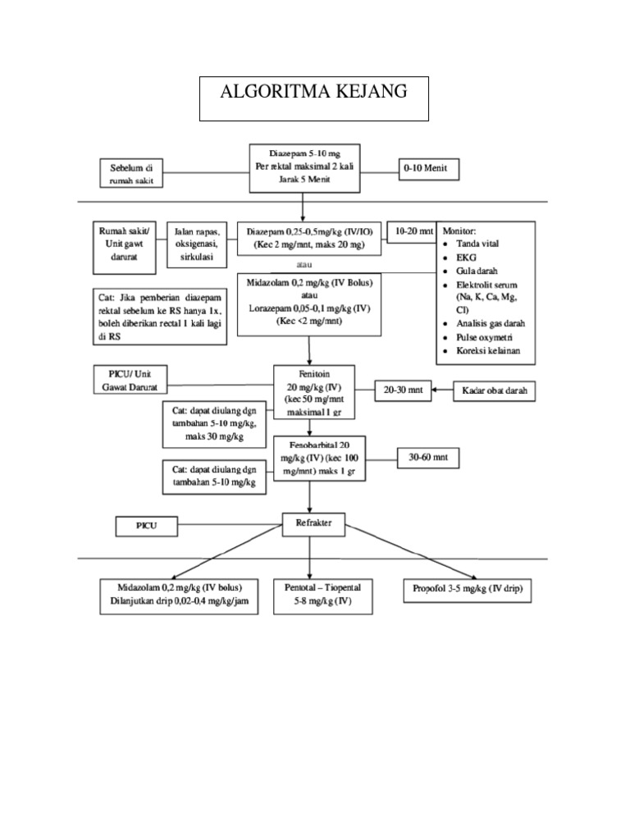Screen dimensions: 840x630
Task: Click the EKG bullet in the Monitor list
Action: click(467, 257)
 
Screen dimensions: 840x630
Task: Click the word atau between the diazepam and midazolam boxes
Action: click(304, 264)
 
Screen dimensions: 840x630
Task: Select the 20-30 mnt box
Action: click(403, 391)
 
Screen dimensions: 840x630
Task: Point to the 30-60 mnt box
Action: click(427, 456)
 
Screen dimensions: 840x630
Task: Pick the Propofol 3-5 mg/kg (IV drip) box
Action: click(468, 590)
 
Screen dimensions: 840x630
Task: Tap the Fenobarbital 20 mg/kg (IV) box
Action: click(319, 458)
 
